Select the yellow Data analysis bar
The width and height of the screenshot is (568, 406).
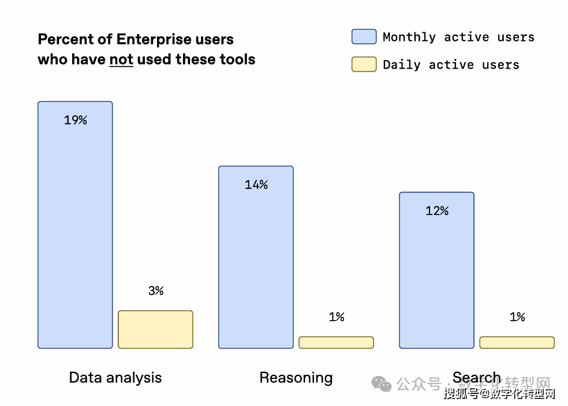pyautogui.click(x=155, y=329)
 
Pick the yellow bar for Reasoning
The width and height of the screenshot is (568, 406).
pyautogui.click(x=336, y=343)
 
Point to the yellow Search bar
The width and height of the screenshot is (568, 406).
pyautogui.click(x=517, y=343)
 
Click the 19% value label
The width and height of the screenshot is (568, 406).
pyautogui.click(x=76, y=120)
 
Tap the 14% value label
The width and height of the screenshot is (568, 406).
pyautogui.click(x=256, y=185)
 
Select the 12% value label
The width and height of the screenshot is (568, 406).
pyautogui.click(x=437, y=210)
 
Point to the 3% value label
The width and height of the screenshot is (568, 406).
pyautogui.click(x=156, y=291)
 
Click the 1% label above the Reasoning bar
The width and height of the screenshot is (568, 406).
pyautogui.click(x=337, y=317)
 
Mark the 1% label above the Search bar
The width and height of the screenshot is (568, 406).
pyautogui.click(x=517, y=317)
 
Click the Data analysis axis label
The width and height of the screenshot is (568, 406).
pyautogui.click(x=115, y=378)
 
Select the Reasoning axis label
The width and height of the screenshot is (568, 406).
pyautogui.click(x=296, y=378)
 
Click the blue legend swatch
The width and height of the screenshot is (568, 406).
pyautogui.click(x=364, y=37)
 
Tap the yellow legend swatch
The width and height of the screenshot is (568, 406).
pyautogui.click(x=364, y=64)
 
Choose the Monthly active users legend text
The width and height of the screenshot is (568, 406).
pyautogui.click(x=458, y=37)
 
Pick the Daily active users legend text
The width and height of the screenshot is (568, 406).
pyautogui.click(x=451, y=65)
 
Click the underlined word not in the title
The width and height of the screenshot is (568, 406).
pyautogui.click(x=121, y=59)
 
